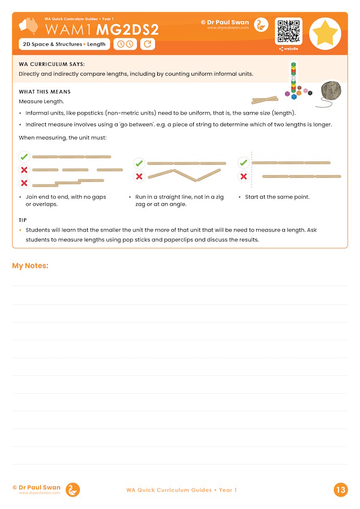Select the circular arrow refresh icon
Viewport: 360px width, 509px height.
pos(147,44)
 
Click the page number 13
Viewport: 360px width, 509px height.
pos(341,490)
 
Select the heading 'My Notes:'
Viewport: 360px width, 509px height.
pos(30,266)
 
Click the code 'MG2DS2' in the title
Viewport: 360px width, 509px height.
pos(128,29)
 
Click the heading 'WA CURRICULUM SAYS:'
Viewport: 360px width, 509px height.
pos(52,64)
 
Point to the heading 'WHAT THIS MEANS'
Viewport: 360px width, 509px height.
pos(45,92)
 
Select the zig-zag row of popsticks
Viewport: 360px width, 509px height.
pos(187,175)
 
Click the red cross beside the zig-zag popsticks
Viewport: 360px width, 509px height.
pos(139,176)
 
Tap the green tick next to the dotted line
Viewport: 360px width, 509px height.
pos(243,162)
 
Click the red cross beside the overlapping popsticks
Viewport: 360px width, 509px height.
pos(24,183)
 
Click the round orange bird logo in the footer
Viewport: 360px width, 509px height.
pos(72,490)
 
